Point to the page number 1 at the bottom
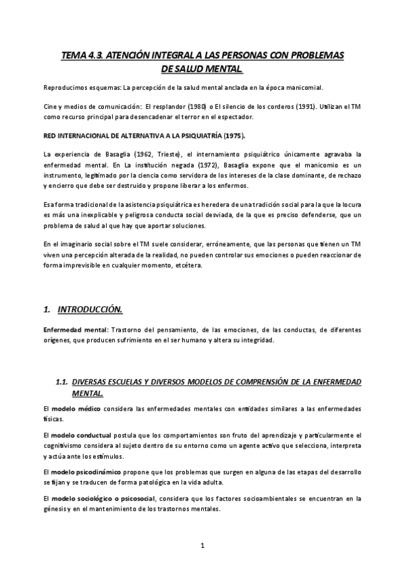202,545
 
